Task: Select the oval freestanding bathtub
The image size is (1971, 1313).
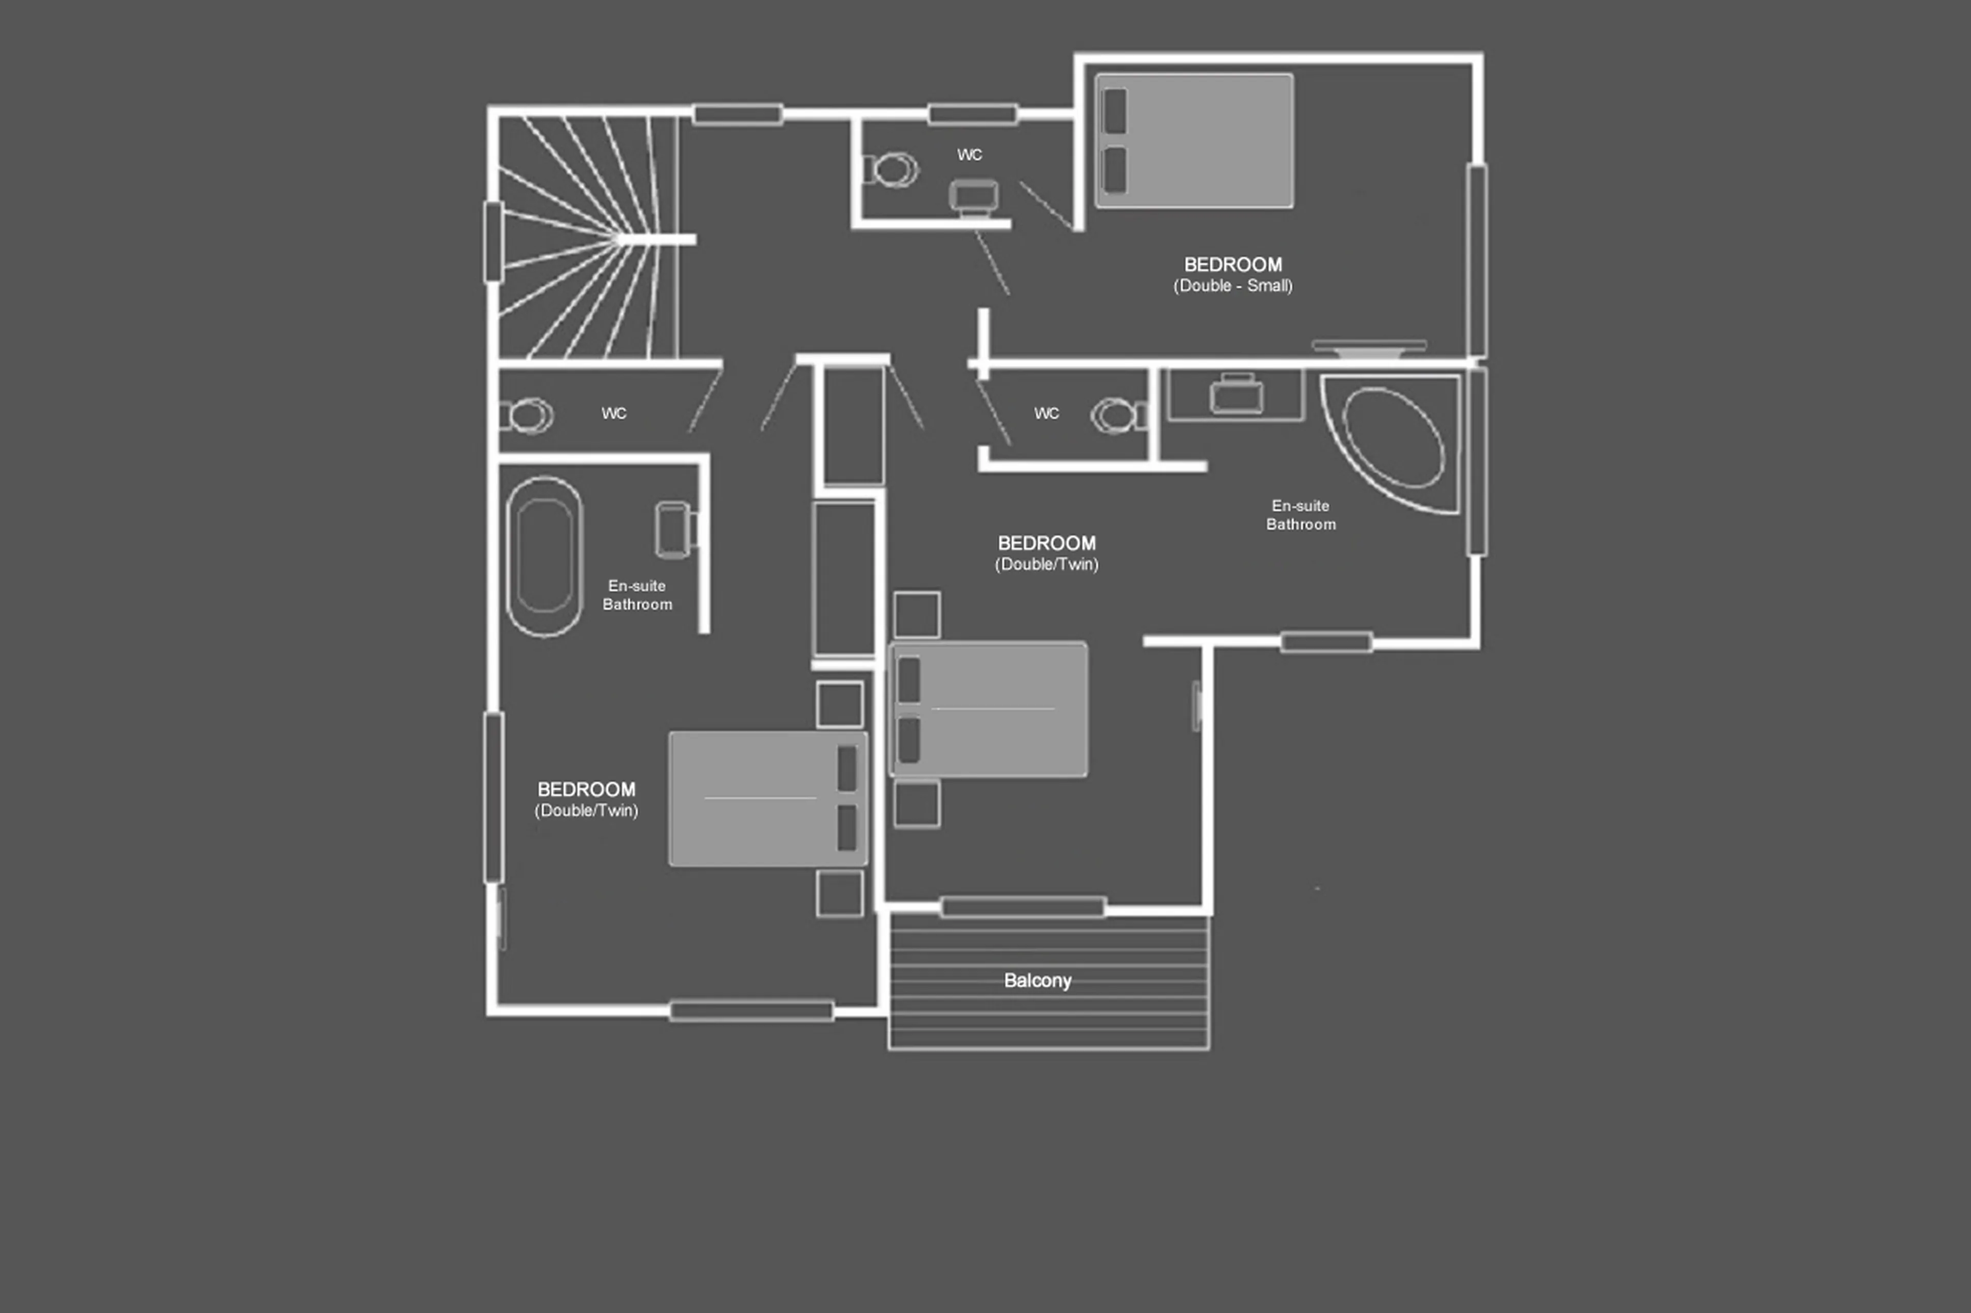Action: pos(545,556)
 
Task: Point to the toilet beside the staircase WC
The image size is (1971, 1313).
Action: pos(528,415)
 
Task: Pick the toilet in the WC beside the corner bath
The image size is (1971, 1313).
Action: pos(1117,415)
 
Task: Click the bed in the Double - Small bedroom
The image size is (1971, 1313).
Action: pos(1194,141)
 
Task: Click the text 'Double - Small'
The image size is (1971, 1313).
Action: pos(1232,286)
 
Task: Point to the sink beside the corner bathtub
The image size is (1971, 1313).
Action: pos(1236,395)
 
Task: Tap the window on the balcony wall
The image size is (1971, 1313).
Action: pos(1023,907)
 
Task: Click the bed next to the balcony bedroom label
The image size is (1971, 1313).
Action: pos(989,709)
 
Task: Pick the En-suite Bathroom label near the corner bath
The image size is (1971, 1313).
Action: pos(1300,515)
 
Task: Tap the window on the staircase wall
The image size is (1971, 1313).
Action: pos(493,241)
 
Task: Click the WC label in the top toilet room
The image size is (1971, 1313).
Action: pos(969,155)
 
